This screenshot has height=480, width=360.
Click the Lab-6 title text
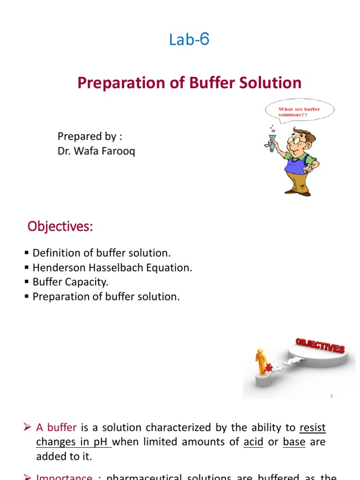point(189,40)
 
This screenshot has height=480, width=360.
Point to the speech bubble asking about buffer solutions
point(300,112)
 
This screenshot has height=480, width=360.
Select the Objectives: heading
point(60,226)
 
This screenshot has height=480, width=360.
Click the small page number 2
point(331,396)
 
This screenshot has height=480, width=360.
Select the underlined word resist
point(312,427)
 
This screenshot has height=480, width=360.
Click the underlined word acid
point(254,442)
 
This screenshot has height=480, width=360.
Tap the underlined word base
point(294,442)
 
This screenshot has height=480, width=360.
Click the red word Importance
point(64,477)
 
